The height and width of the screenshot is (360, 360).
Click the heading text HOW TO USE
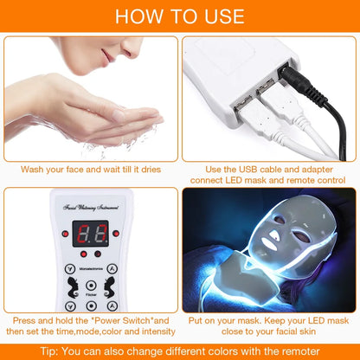click(180, 16)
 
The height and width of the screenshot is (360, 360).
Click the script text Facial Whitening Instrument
click(93, 208)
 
